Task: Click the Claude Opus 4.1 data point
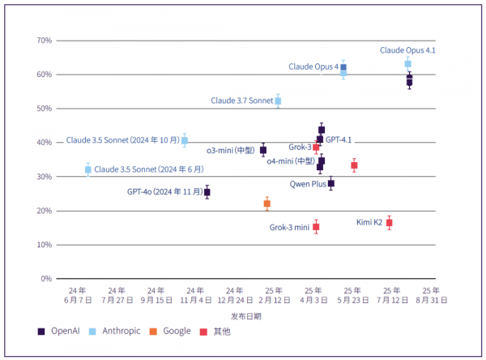click(x=407, y=64)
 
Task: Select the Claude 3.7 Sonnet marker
click(x=278, y=101)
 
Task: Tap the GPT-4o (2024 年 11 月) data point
click(x=207, y=192)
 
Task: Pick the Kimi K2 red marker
click(x=390, y=223)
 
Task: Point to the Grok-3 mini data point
click(x=316, y=227)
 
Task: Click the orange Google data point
click(x=266, y=204)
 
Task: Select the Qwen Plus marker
click(x=330, y=183)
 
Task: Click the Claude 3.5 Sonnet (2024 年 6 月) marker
click(x=87, y=169)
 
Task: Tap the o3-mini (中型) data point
click(x=263, y=150)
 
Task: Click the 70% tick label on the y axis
click(x=44, y=41)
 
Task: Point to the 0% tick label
click(x=46, y=279)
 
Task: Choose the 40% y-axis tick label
click(x=44, y=143)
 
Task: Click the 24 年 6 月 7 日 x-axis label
click(x=77, y=294)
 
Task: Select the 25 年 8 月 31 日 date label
click(x=431, y=294)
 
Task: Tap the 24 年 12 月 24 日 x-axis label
click(x=234, y=294)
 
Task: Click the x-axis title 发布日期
click(x=245, y=315)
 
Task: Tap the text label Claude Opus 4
click(x=313, y=66)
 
